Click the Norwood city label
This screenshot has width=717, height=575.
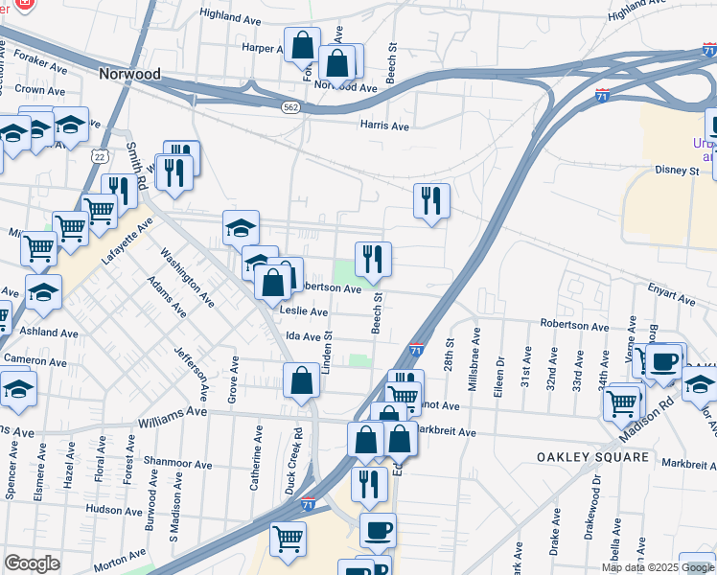click(x=128, y=73)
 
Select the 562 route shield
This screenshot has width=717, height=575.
click(x=290, y=108)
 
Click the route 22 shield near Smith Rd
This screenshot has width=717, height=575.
click(x=100, y=155)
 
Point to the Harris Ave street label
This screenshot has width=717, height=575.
click(x=384, y=126)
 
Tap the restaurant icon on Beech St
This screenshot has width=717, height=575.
click(x=373, y=259)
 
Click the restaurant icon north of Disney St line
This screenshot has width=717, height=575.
click(x=431, y=200)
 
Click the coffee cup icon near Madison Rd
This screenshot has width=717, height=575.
click(x=663, y=362)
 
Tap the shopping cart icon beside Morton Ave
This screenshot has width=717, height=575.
click(x=288, y=539)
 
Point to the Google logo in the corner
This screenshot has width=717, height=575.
click(x=32, y=563)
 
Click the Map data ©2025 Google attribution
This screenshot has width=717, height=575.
click(x=658, y=567)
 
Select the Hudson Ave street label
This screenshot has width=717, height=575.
click(x=113, y=510)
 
